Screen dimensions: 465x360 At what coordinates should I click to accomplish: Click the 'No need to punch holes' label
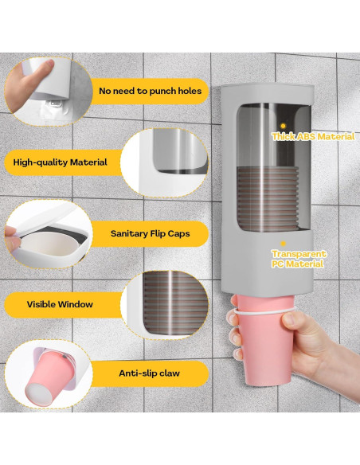(x=150, y=92)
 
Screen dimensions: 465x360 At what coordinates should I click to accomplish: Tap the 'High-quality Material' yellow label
(x=60, y=162)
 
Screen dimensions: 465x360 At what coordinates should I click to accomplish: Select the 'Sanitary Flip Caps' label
(x=150, y=235)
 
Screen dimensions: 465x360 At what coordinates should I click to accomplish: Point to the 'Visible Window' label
(x=60, y=304)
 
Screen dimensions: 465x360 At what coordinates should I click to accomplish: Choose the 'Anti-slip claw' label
(x=151, y=373)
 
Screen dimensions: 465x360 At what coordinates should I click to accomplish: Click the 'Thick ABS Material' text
(x=313, y=137)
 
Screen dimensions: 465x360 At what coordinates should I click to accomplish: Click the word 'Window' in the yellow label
(x=76, y=304)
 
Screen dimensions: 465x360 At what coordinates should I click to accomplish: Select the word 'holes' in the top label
(x=186, y=92)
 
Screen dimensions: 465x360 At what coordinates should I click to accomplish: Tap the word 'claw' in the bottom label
(x=168, y=373)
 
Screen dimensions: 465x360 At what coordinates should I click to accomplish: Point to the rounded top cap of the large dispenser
(x=253, y=92)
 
